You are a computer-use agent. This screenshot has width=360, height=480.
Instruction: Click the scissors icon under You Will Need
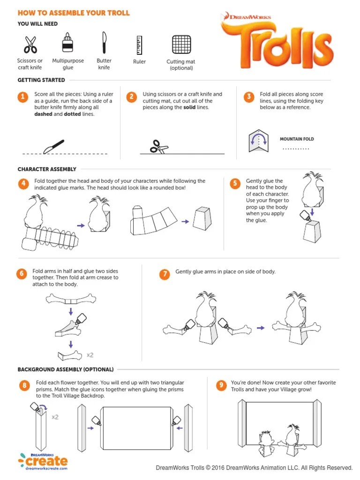30,45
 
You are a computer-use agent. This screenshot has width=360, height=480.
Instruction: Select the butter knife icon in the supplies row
105,42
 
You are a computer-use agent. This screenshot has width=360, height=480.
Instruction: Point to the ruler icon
139,45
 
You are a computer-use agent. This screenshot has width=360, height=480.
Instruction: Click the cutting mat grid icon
181,45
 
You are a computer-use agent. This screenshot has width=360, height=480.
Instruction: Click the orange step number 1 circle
22,97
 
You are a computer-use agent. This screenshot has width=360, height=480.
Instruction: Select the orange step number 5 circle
235,184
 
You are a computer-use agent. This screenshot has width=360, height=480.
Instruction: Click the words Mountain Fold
297,139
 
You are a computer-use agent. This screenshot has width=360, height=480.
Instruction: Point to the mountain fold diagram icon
258,141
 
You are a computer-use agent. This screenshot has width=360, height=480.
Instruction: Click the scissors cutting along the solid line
159,147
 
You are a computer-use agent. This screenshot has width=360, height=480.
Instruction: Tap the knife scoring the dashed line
53,146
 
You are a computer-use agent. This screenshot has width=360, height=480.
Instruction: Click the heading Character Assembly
47,169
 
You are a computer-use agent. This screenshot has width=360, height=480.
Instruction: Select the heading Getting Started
41,80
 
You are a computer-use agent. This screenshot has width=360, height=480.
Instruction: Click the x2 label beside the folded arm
90,355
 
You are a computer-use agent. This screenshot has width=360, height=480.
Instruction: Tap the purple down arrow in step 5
312,212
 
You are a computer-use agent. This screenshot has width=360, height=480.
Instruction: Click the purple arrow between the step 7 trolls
261,328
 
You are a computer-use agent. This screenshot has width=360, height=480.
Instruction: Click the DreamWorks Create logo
43,461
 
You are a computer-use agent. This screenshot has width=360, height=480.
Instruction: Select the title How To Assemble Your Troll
74,13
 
